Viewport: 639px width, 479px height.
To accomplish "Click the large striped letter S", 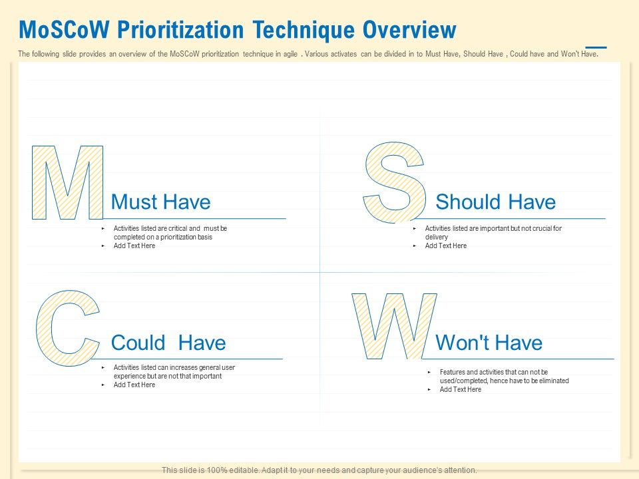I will click(395, 182).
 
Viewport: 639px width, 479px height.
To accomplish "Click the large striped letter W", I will click(394, 326).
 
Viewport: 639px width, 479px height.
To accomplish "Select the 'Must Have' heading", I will click(160, 202).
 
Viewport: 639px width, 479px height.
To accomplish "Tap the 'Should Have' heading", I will click(495, 202).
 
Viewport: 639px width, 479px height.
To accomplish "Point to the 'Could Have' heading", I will click(168, 343).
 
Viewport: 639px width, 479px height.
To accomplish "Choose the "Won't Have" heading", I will click(489, 343).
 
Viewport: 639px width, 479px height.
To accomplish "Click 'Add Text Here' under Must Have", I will click(134, 245).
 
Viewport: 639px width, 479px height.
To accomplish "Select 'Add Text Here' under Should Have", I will click(445, 245).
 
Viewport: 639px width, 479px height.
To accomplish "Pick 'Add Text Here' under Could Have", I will click(134, 385).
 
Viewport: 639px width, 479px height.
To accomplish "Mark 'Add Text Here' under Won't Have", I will click(460, 389).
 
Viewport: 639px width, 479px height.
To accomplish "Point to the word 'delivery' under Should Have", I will click(437, 237).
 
